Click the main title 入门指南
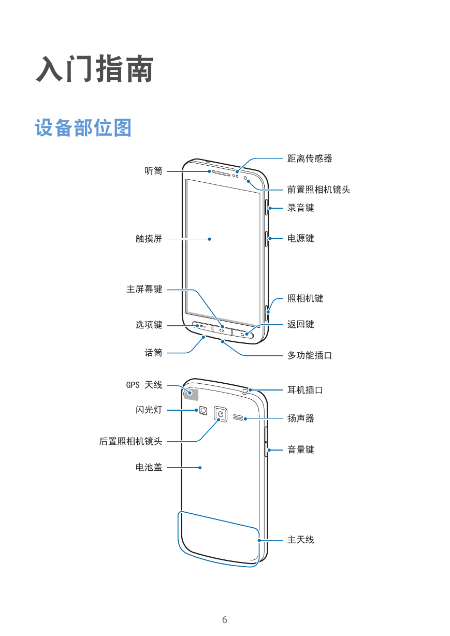click(x=95, y=69)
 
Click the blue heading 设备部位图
click(x=83, y=128)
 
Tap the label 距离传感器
click(x=310, y=158)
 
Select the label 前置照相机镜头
click(x=318, y=190)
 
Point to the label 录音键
click(x=301, y=208)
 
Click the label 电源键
click(x=301, y=238)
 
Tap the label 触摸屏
click(x=149, y=239)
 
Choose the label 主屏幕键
click(x=144, y=289)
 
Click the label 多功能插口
click(x=310, y=355)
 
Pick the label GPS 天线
click(x=144, y=385)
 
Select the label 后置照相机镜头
click(x=130, y=441)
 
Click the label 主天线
click(x=301, y=540)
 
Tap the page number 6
click(x=225, y=619)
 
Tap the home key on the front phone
click(x=222, y=330)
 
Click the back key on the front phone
click(x=243, y=334)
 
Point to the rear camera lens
click(x=221, y=414)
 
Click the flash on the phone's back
click(x=203, y=411)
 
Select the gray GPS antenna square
click(x=191, y=394)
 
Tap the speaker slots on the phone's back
click(x=238, y=417)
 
